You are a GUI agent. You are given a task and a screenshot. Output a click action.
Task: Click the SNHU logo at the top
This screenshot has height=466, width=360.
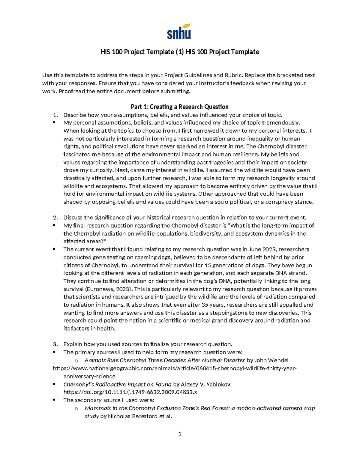(x=179, y=31)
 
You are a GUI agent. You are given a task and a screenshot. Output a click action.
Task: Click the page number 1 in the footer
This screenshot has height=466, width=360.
(x=180, y=434)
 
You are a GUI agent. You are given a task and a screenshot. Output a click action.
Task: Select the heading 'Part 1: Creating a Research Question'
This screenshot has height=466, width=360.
(x=180, y=107)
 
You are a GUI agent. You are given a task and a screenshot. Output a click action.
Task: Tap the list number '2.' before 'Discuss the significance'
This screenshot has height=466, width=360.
(x=55, y=218)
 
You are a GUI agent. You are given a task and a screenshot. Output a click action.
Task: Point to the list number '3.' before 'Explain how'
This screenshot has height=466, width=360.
(x=55, y=344)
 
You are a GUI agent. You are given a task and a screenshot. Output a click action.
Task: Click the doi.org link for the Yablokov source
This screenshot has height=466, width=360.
(x=130, y=392)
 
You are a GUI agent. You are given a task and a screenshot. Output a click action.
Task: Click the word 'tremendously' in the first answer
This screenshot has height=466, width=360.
(x=281, y=123)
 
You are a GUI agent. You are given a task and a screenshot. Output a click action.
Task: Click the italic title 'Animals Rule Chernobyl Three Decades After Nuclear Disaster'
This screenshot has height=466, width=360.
(x=165, y=360)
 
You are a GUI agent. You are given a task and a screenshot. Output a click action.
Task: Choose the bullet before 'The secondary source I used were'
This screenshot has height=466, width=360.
(x=54, y=400)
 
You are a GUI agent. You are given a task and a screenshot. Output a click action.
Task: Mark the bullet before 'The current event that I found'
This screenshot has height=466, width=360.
(x=54, y=249)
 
